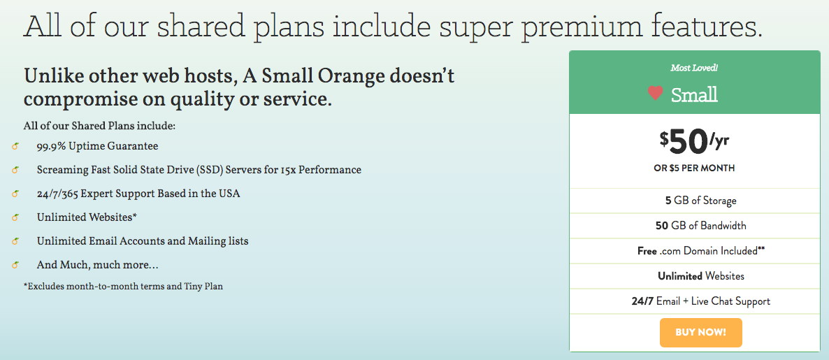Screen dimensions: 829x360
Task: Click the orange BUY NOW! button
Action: pyautogui.click(x=700, y=333)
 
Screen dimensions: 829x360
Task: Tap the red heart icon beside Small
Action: pyautogui.click(x=655, y=94)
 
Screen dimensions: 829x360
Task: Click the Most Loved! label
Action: pyautogui.click(x=694, y=68)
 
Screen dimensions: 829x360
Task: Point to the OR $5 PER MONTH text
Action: pyautogui.click(x=694, y=168)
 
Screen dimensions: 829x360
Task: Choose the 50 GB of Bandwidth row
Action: pyautogui.click(x=701, y=226)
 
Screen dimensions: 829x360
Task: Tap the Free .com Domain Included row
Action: pyautogui.click(x=701, y=251)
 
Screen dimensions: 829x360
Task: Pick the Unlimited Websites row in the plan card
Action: pyautogui.click(x=701, y=276)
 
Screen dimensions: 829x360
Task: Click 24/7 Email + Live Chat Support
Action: pyautogui.click(x=701, y=301)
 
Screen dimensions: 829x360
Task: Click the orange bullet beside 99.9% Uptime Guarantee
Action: pyautogui.click(x=15, y=146)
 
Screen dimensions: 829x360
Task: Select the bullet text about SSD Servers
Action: pyautogui.click(x=199, y=170)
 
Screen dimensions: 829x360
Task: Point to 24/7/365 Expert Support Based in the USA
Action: pyautogui.click(x=138, y=194)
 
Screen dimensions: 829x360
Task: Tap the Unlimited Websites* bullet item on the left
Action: pyautogui.click(x=87, y=217)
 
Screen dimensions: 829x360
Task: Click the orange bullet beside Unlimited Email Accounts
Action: pyautogui.click(x=15, y=241)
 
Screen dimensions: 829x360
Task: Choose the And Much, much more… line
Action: pyautogui.click(x=98, y=264)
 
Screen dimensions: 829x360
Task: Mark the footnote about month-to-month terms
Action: pyautogui.click(x=123, y=287)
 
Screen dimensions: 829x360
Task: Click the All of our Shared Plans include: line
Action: pyautogui.click(x=99, y=127)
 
